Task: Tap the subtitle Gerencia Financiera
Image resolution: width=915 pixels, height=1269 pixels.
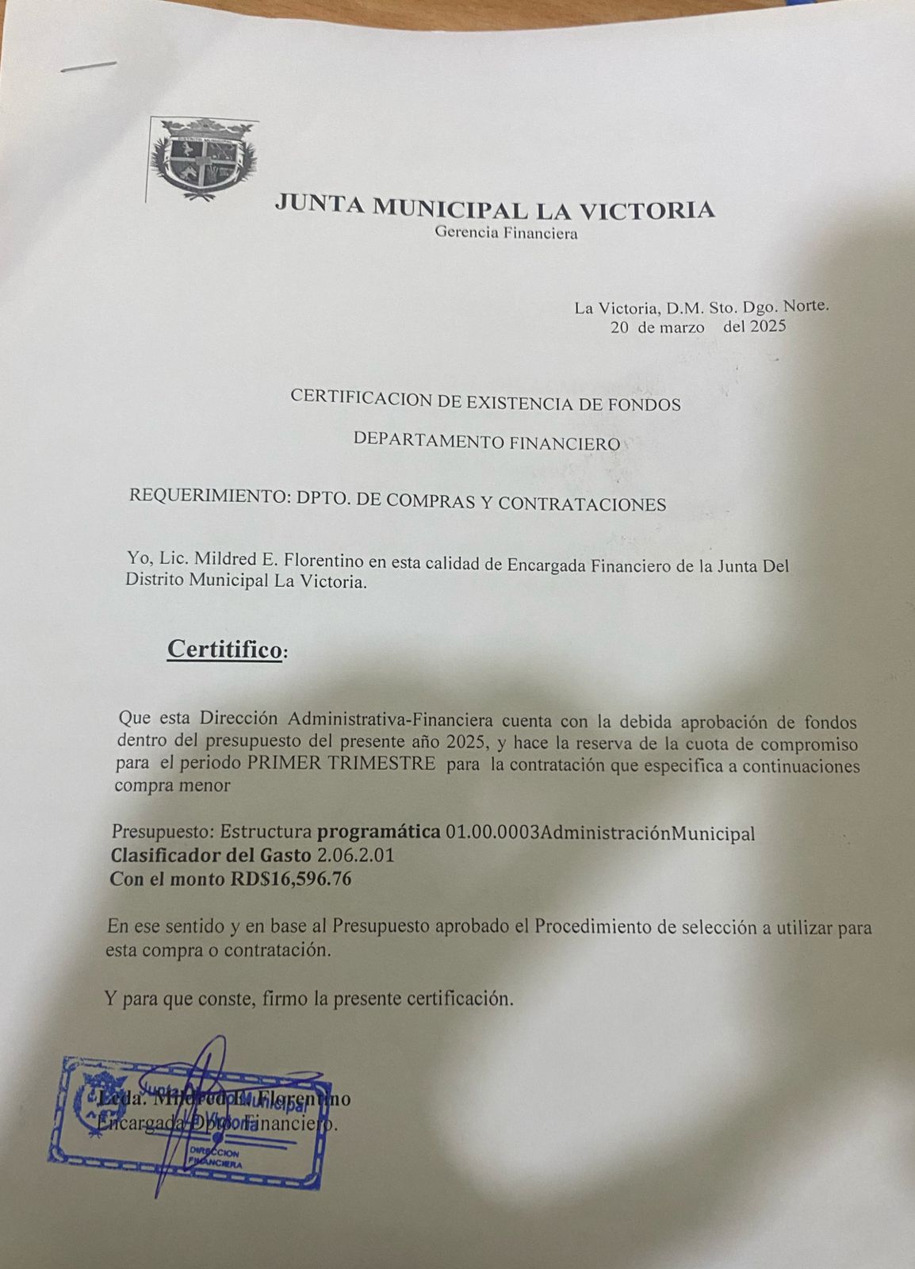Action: tap(506, 233)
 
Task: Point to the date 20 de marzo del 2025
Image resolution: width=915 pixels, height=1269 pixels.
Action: tap(698, 327)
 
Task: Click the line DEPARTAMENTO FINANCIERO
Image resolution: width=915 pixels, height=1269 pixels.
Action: tap(486, 442)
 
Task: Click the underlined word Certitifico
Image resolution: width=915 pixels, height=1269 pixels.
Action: tap(224, 650)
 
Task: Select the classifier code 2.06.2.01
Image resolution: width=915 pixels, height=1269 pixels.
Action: tap(355, 857)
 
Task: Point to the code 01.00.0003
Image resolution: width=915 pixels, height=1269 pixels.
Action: tap(492, 834)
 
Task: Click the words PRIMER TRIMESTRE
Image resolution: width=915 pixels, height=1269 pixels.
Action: tap(341, 765)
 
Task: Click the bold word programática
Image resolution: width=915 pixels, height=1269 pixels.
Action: tap(378, 833)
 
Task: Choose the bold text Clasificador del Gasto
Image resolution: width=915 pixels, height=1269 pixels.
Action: tap(210, 857)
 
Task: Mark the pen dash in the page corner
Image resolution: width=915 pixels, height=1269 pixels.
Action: tap(90, 66)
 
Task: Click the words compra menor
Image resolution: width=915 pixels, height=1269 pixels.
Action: tap(172, 787)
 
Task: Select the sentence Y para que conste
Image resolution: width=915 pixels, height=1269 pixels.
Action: tap(308, 999)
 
